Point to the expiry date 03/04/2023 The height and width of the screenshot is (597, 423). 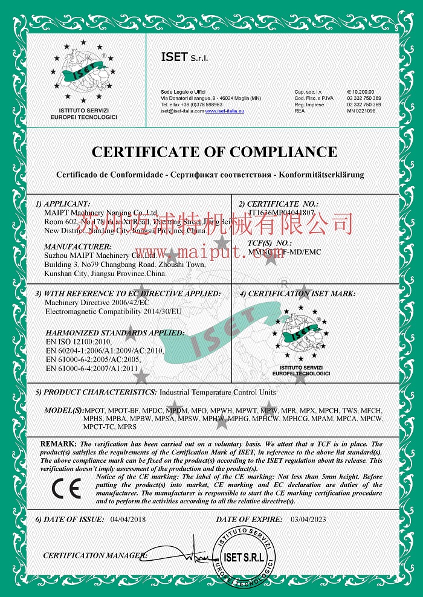[309, 519]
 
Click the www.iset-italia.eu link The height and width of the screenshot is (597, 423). [220, 111]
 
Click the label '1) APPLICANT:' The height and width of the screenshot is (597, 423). [63, 204]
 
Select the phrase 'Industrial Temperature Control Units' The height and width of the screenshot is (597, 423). [217, 392]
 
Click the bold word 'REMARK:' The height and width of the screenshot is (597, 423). [57, 444]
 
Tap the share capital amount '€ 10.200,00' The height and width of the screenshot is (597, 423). [361, 91]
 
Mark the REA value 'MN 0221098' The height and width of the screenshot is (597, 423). [361, 111]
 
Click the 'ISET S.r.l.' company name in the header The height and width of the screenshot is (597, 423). [184, 57]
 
